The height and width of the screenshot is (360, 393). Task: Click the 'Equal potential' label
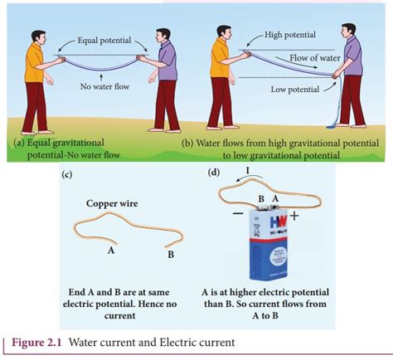(106, 41)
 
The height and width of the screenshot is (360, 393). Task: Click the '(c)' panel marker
(67, 174)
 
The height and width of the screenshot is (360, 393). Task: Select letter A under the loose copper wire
(110, 247)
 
